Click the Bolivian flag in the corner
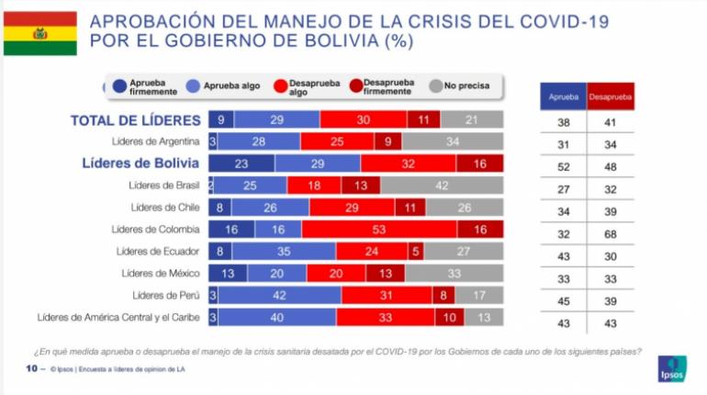pos(39,34)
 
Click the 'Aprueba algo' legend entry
pos(227,86)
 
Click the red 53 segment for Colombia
pos(378,229)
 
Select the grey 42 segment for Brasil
pos(442,186)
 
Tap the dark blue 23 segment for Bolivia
pos(241,164)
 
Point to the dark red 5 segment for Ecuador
pos(416,251)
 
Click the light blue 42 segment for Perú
pos(280,295)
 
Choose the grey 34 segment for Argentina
pos(452,141)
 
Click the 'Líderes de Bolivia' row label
pos(140,164)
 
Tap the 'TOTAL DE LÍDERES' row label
pos(135,120)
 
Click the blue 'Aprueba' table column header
pos(562,96)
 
